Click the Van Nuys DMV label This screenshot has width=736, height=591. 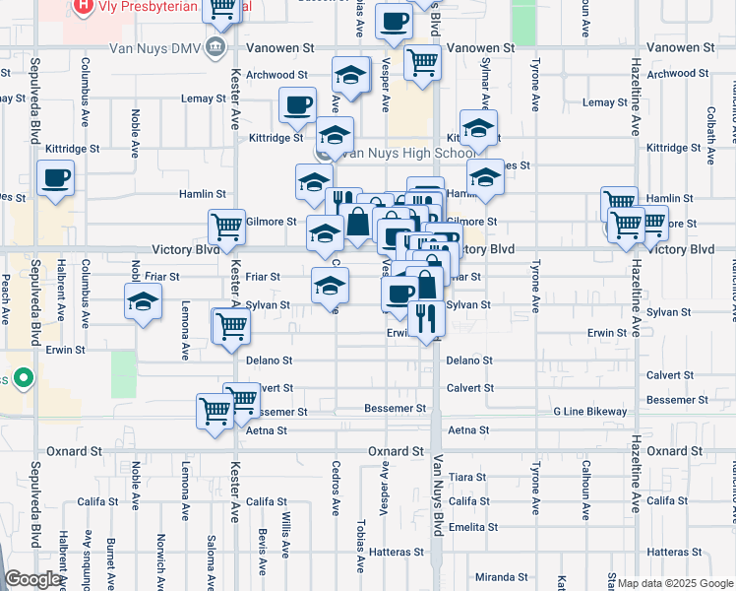(161, 47)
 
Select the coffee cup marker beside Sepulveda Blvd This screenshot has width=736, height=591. (55, 178)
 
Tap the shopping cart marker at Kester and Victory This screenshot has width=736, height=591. (226, 227)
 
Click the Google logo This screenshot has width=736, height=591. (33, 579)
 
